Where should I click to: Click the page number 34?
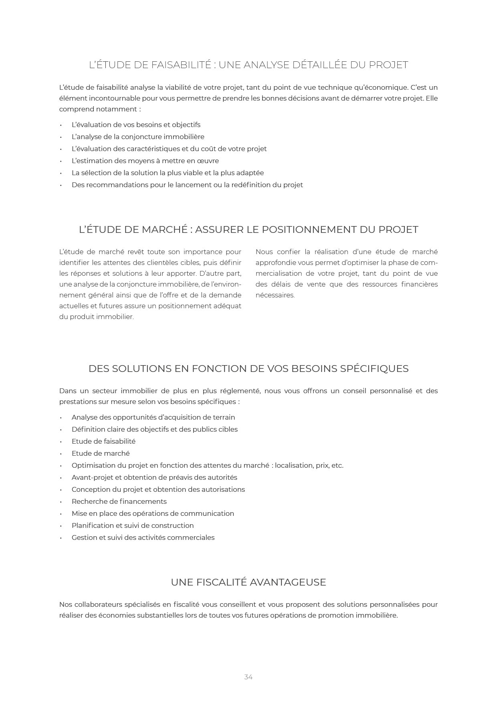click(248, 677)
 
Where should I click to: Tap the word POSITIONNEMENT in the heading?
click(309, 230)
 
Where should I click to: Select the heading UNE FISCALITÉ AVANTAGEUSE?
click(248, 582)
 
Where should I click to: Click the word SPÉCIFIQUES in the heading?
click(374, 369)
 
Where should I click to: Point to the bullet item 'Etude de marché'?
click(101, 453)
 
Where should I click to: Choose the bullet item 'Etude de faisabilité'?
click(103, 441)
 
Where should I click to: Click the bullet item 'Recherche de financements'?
click(119, 501)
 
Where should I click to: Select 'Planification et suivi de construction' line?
click(133, 525)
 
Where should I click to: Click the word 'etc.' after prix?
click(337, 465)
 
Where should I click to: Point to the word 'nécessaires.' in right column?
click(275, 295)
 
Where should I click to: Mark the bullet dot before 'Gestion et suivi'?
click(61, 538)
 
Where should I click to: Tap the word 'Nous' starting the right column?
click(264, 252)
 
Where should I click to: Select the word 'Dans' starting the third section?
click(68, 391)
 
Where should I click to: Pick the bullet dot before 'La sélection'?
click(61, 173)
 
